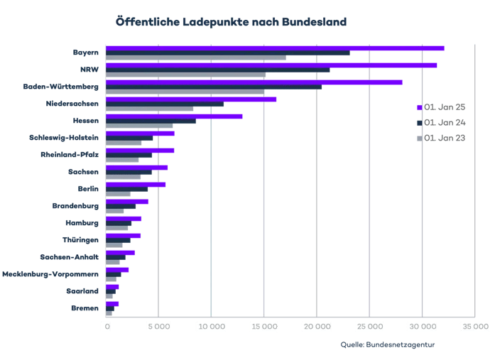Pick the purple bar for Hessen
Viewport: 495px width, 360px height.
174,116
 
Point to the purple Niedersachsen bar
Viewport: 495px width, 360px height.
191,99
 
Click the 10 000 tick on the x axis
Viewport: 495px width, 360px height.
211,327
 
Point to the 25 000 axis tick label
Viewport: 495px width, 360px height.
369,327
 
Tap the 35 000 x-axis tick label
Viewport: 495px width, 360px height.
474,327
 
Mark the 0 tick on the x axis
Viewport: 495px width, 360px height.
107,327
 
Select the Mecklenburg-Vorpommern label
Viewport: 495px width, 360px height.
50,273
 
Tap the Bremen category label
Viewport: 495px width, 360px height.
85,308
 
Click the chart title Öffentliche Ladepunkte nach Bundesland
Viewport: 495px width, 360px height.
232,22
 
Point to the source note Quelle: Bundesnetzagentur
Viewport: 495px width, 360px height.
388,345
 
